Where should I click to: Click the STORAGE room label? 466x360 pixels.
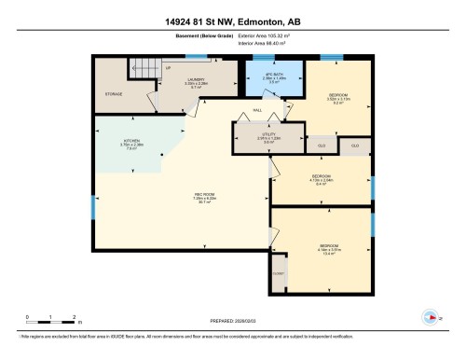pos(114,94)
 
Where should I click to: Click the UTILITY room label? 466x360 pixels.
pos(267,138)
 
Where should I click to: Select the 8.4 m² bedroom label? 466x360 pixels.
pos(321,180)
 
